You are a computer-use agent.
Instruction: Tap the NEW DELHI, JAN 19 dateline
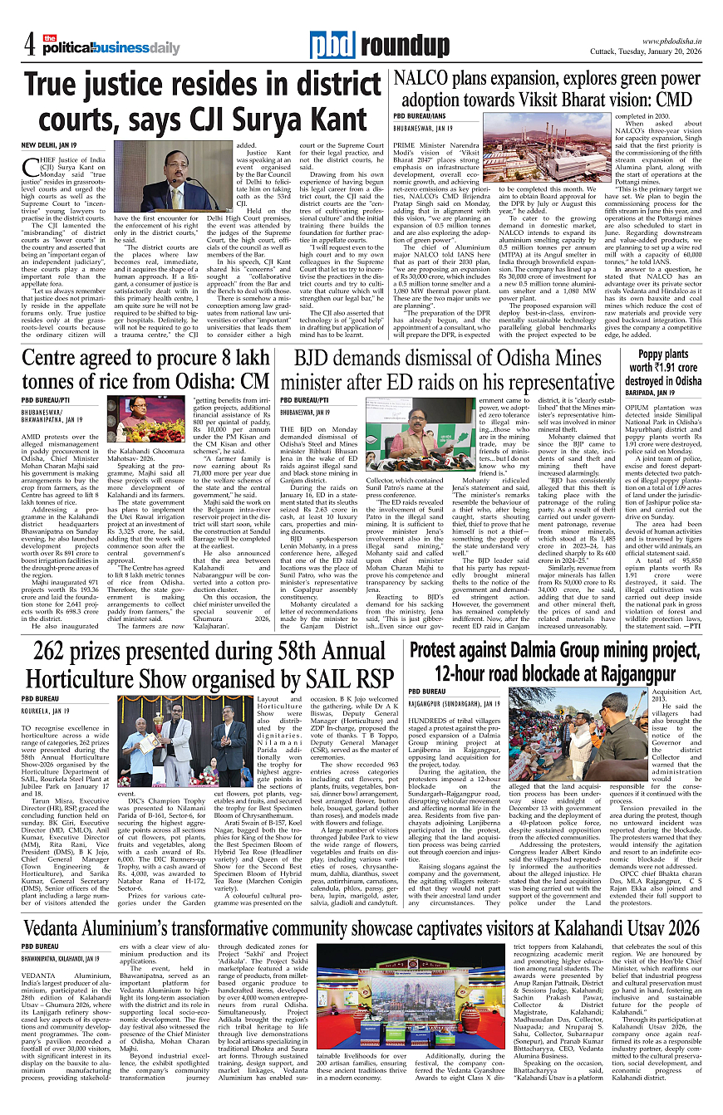tap(49, 145)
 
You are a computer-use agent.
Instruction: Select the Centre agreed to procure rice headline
tap(146, 369)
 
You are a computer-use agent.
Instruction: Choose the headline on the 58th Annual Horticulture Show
tap(209, 665)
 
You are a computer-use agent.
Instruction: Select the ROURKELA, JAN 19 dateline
tap(46, 712)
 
